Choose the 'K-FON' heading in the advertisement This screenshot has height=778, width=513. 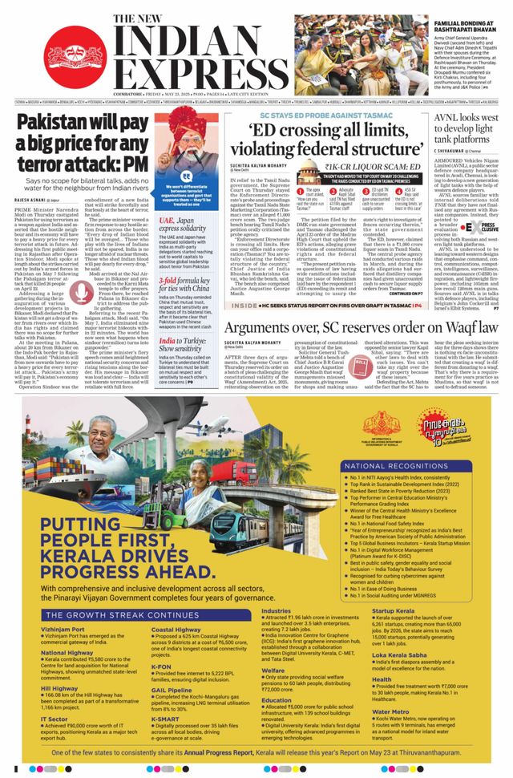161,666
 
